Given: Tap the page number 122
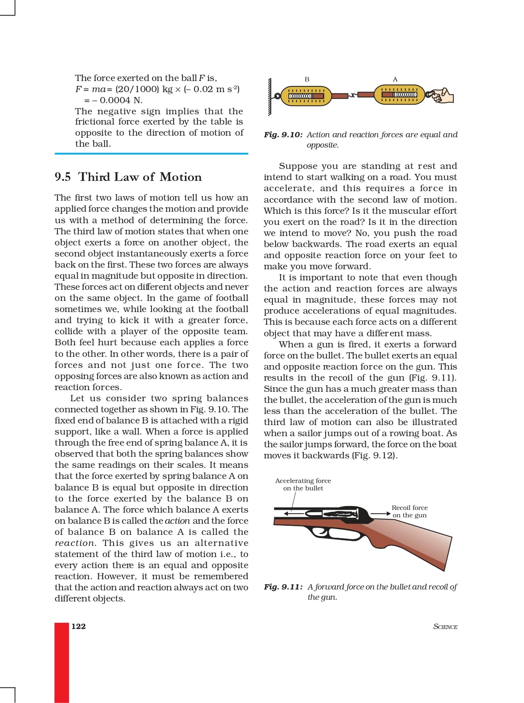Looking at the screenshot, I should click(x=78, y=626).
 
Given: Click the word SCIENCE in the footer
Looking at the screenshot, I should click(x=445, y=627).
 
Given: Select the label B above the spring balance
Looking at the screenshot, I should click(x=307, y=79).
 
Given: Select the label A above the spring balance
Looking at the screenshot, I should click(x=395, y=79).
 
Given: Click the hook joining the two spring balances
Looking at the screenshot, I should click(x=353, y=96).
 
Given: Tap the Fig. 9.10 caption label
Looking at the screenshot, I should click(x=283, y=135).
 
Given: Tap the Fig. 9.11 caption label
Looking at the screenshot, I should click(x=283, y=587).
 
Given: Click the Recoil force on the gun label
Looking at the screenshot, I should click(x=409, y=511).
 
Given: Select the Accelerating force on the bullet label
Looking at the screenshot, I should click(x=303, y=484).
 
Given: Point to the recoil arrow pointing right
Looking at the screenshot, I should click(x=380, y=513).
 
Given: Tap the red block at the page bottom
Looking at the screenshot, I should click(x=62, y=662).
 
